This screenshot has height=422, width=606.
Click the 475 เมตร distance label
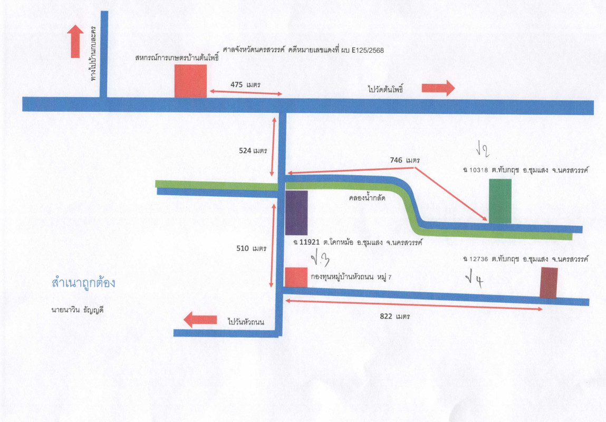coord(245,84)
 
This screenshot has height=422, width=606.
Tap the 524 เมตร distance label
coord(253,150)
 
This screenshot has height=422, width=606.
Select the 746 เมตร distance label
coord(405,160)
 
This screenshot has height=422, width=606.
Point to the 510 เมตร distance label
coord(251,248)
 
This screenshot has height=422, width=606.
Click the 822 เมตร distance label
coord(395,316)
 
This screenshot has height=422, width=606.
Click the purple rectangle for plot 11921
coord(296,213)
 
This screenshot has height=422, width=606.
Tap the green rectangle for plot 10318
coord(500,201)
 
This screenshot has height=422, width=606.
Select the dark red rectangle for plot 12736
coord(549,283)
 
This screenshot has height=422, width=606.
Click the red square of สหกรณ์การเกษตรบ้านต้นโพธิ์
coord(190,81)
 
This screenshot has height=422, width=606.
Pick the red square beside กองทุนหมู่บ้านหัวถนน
coord(296,277)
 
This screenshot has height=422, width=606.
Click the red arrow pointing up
coord(75,41)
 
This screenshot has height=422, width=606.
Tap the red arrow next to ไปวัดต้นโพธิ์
coord(438,88)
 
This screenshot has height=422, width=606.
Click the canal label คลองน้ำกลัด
coord(367,198)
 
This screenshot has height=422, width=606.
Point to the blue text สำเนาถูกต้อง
coord(83,283)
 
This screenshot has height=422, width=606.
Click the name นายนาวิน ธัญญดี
coord(78,310)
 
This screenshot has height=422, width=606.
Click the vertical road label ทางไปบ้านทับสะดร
coord(93,53)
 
